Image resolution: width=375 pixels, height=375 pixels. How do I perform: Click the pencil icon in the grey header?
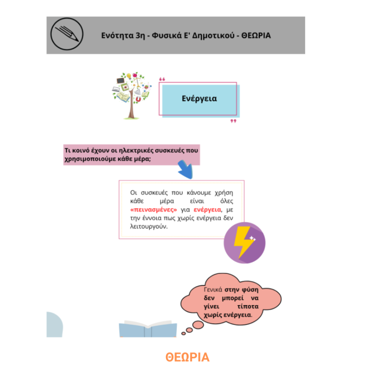[x=67, y=34]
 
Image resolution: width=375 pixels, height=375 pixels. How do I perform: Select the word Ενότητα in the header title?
[x=117, y=35]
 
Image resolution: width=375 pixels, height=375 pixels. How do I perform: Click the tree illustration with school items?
[x=132, y=95]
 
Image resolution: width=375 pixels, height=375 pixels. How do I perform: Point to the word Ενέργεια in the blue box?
[x=199, y=99]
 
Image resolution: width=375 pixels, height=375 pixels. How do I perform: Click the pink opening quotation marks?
[x=162, y=79]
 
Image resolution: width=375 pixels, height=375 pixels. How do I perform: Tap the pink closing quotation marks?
[x=233, y=121]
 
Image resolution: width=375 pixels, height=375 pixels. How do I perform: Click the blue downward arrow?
[x=186, y=169]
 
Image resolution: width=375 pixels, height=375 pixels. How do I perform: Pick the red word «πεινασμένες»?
[x=153, y=210]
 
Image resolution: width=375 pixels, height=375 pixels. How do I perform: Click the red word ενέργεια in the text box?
[x=208, y=210]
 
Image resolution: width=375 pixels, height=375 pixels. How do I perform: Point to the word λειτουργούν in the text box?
[x=148, y=227]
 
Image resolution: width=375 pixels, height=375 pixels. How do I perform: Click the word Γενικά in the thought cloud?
[x=213, y=290]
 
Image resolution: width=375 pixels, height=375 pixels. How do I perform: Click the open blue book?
[x=148, y=329]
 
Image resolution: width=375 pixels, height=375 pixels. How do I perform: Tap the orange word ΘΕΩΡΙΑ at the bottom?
[x=187, y=357]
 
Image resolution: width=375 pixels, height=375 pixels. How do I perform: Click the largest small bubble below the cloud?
[x=198, y=325]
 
